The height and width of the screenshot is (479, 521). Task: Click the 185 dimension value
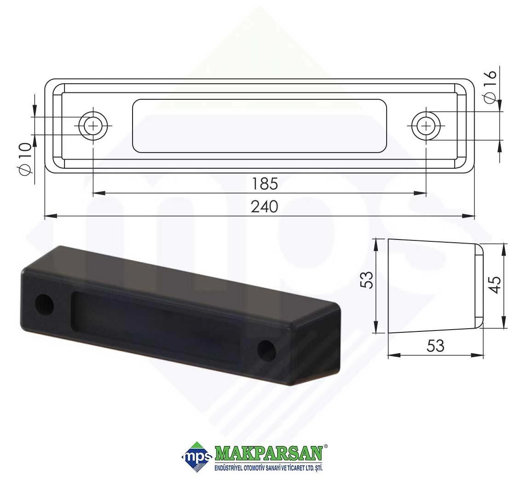[x=265, y=184]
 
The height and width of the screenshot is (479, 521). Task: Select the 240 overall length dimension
[x=265, y=206]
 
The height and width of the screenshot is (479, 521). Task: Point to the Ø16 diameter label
[x=490, y=87]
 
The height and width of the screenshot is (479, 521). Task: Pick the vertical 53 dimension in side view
[x=367, y=279]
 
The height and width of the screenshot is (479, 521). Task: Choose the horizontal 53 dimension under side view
[x=435, y=346]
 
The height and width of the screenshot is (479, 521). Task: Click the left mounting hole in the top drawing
[x=93, y=126]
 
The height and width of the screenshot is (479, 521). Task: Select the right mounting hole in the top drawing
[x=426, y=126]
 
